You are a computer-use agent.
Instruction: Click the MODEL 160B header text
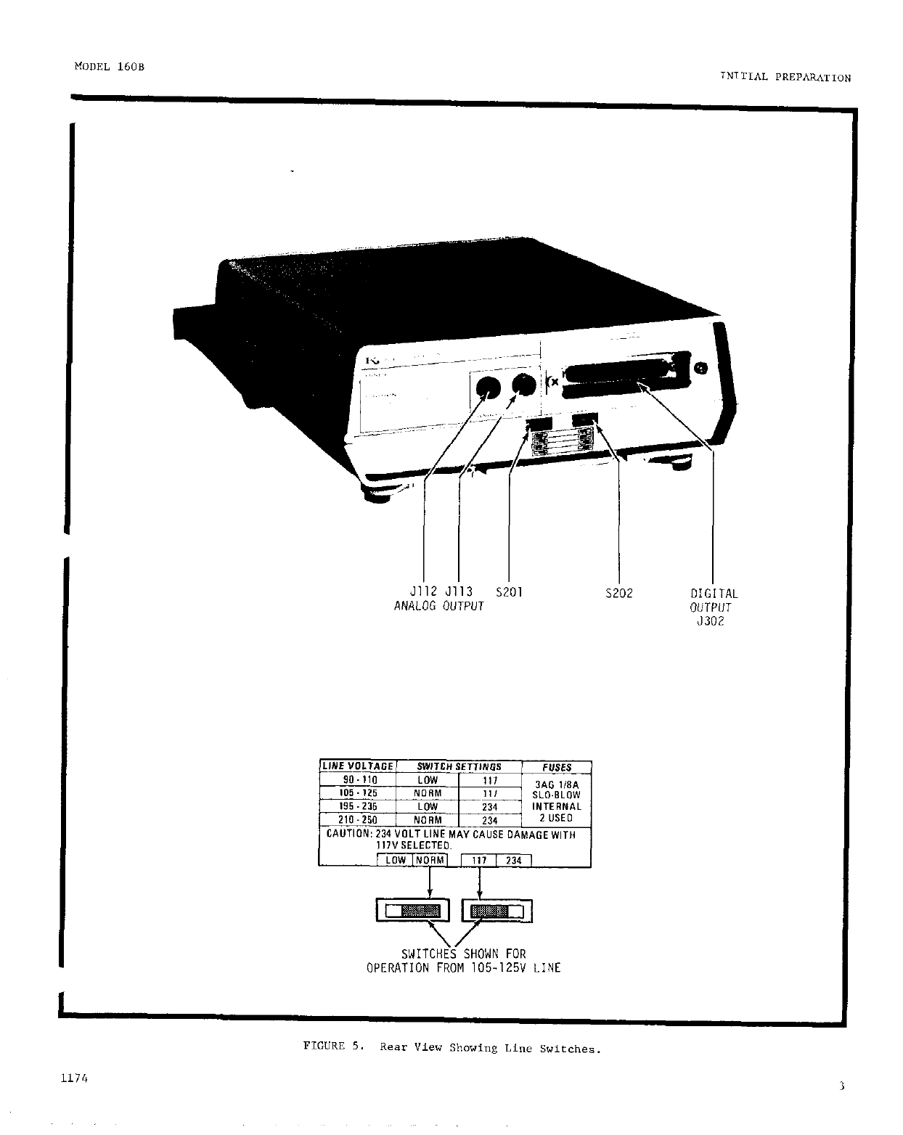pyautogui.click(x=109, y=66)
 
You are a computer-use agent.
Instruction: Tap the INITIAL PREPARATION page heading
pyautogui.click(x=785, y=78)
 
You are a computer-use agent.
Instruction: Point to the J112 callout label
pyautogui.click(x=424, y=592)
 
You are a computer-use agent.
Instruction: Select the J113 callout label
pyautogui.click(x=459, y=592)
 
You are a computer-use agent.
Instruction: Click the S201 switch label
pyautogui.click(x=508, y=592)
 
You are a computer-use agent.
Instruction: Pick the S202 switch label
pyautogui.click(x=618, y=594)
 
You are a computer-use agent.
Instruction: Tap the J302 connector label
pyautogui.click(x=711, y=621)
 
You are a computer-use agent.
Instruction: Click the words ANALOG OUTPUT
pyautogui.click(x=438, y=606)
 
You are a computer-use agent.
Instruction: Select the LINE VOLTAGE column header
pyautogui.click(x=358, y=766)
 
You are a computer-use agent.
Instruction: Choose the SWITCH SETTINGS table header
pyautogui.click(x=459, y=766)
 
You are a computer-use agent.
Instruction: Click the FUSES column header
pyautogui.click(x=557, y=767)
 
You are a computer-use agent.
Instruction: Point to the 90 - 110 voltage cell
pyautogui.click(x=359, y=780)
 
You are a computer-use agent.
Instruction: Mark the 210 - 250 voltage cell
pyautogui.click(x=358, y=820)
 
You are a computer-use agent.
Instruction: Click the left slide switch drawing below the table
pyautogui.click(x=413, y=911)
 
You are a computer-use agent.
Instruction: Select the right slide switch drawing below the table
pyautogui.click(x=497, y=911)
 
